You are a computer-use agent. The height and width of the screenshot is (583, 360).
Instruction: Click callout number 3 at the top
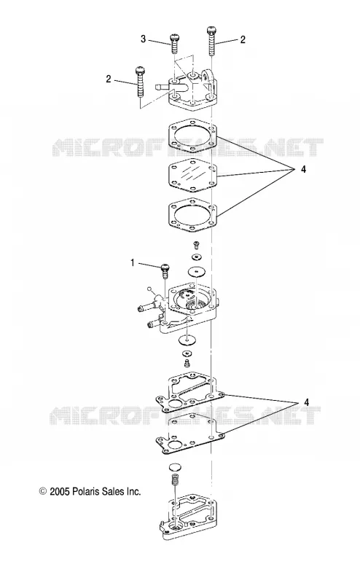point(143,39)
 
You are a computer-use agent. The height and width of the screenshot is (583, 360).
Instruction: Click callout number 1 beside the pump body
point(132,263)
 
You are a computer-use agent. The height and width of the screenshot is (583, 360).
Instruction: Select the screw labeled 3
point(174,44)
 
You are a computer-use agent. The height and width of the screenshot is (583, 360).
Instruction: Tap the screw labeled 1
point(165,270)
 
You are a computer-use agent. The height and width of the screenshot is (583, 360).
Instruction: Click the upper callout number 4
point(303,169)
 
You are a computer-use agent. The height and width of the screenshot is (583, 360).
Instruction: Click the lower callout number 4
point(306,402)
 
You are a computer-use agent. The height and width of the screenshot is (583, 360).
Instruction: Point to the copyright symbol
point(43,491)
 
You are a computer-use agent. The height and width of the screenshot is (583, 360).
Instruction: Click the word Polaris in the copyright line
point(85,491)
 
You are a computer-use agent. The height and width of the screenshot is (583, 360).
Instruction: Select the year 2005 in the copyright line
point(60,491)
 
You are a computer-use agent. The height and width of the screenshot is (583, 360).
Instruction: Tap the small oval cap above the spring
point(174,467)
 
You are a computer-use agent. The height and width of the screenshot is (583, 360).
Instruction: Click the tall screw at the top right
point(211,40)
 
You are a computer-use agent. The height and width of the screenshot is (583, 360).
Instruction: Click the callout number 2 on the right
point(243,39)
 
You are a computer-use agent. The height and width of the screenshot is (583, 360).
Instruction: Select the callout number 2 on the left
point(109,79)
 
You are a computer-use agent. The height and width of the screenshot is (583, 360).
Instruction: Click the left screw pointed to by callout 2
point(140,81)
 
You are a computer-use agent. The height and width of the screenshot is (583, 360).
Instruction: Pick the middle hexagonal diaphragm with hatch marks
point(192,175)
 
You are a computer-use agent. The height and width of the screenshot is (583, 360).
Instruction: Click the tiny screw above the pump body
point(196,244)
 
